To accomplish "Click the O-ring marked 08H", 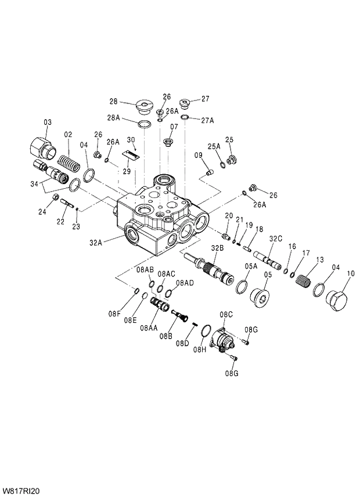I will (x=204, y=332).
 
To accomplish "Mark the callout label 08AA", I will (x=149, y=328).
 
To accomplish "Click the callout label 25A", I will (x=215, y=147).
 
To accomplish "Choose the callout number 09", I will (x=198, y=155).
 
